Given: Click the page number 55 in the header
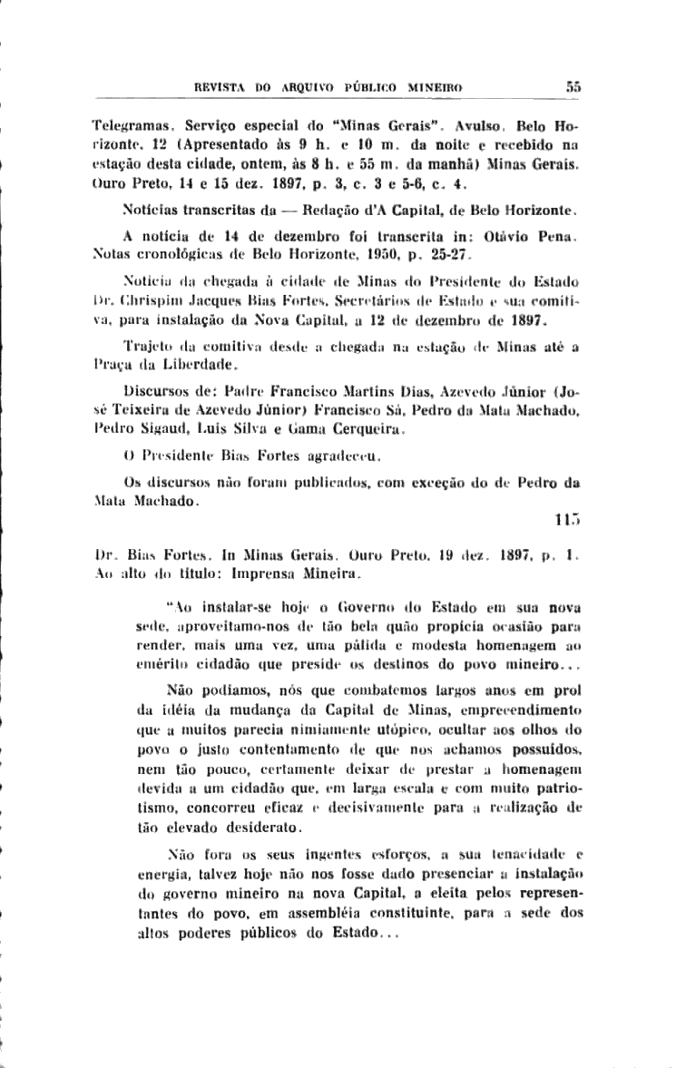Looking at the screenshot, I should click(573, 87).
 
